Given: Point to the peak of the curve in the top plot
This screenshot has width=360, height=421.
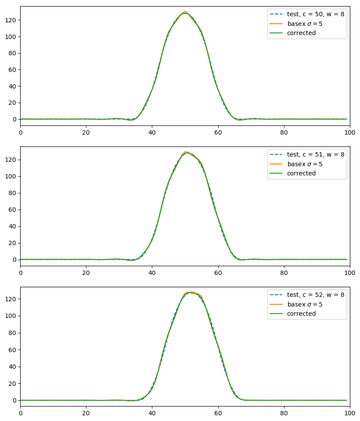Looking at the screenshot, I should point(185,12).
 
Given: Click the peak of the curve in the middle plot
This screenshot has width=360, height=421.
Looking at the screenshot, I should point(187,152).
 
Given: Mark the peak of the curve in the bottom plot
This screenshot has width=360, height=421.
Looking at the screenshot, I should point(191,292).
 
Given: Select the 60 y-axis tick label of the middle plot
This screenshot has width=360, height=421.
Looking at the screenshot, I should point(14,210).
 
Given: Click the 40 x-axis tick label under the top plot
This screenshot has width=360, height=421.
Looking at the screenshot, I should point(152,131).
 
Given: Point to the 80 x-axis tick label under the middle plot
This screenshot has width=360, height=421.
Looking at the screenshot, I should point(284,271).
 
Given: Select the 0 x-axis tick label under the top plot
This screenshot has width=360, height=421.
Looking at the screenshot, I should point(20,131).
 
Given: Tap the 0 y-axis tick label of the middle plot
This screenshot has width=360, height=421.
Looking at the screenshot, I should point(15,260).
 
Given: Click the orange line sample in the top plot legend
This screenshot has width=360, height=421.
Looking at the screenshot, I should point(277,24).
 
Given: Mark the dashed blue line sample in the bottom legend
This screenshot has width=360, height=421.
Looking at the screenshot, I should point(277,295).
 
